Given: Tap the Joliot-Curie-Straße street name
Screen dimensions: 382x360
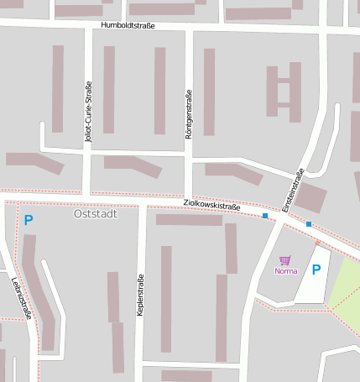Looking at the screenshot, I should tap(88, 113).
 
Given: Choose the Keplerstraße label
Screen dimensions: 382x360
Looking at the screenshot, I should tap(140, 296).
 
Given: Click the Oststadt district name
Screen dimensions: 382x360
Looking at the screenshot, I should tap(96, 213).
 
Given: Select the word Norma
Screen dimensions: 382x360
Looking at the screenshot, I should tap(285, 271).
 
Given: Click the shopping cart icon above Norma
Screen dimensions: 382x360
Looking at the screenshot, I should tap(284, 260).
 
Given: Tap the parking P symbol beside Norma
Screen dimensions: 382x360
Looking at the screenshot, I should tap(316, 269).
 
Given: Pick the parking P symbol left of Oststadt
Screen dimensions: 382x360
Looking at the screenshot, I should tap(28, 221).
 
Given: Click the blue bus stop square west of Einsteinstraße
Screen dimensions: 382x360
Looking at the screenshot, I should tap(266, 216).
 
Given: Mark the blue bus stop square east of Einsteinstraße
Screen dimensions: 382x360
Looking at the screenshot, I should tap(309, 223).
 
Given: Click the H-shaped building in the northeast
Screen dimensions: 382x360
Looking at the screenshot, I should tap(284, 91).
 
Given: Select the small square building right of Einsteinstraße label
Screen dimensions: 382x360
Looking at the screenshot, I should tap(311, 198).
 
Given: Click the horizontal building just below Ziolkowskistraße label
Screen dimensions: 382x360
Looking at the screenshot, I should tap(189, 220).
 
